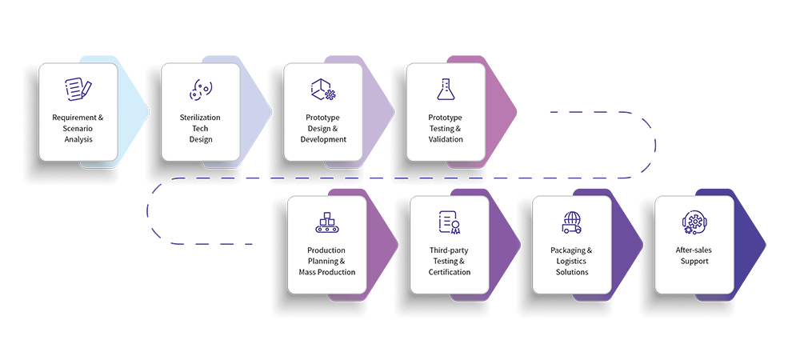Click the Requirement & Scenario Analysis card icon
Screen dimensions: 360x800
pos(78,88)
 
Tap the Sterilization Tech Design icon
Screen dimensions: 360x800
pos(200,90)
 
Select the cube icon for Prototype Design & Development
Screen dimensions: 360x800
pos(322,89)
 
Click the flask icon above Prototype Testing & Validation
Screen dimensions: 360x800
pos(445,88)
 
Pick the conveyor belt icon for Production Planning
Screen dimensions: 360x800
pos(326,222)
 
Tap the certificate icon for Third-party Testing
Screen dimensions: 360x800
pos(449,222)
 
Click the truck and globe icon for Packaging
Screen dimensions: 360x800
pos(571,222)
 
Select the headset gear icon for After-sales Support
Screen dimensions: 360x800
pos(694,222)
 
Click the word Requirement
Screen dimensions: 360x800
pos(74,118)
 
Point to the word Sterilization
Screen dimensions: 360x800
pos(200,118)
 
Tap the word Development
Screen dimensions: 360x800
pos(323,139)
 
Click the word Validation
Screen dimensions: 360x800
pos(446,139)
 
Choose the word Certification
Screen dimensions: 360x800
pos(449,272)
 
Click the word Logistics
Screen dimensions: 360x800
pos(572,261)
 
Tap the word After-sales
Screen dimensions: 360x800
pos(694,250)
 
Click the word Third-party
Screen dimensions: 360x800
pos(449,250)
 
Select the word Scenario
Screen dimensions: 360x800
pos(78,129)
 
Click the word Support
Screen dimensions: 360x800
pos(694,262)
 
